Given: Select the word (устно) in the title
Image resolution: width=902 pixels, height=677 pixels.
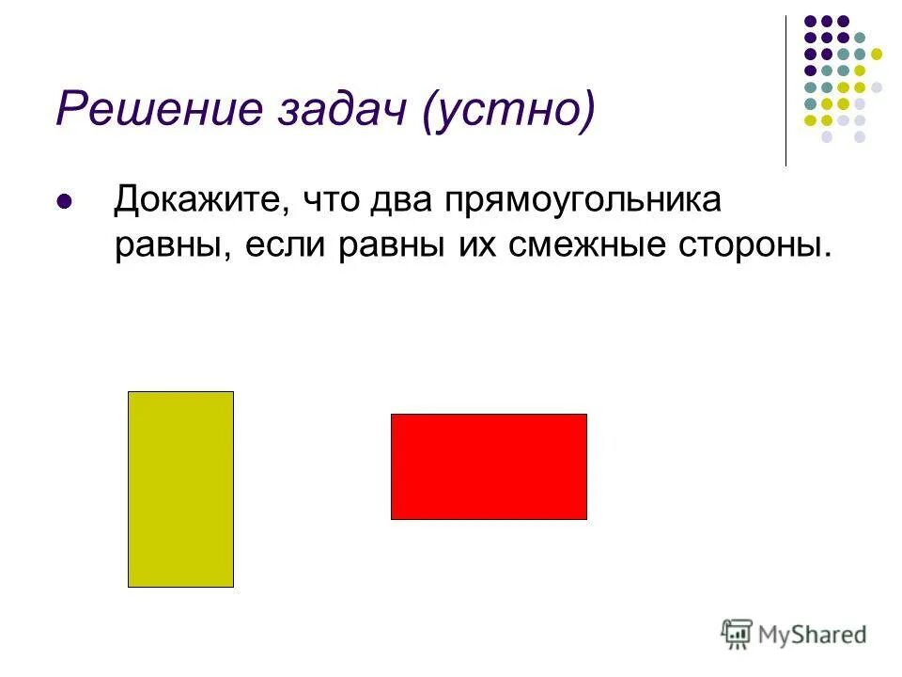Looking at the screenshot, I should click(x=508, y=111).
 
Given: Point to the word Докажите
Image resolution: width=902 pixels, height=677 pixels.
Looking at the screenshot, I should click(x=194, y=200).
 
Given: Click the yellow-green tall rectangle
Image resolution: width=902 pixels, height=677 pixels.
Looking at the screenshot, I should click(x=180, y=489).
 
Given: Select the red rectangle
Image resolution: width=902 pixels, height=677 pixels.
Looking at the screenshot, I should click(x=489, y=466).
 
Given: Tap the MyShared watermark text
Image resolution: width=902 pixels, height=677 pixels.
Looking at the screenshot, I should click(x=814, y=635).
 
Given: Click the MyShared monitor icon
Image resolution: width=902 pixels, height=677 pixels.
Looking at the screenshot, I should click(x=738, y=634).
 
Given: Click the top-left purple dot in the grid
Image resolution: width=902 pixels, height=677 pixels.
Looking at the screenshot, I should click(x=809, y=20).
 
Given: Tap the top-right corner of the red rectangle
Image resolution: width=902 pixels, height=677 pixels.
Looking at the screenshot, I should click(x=586, y=415).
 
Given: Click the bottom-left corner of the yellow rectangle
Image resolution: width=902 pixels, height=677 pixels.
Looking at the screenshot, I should click(x=129, y=587).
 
